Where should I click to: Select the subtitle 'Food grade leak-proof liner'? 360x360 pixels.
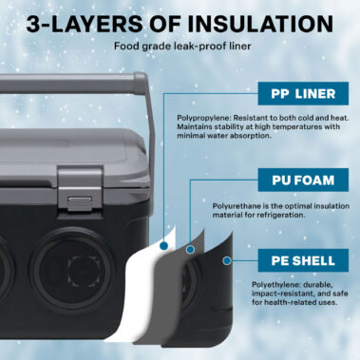(180, 46)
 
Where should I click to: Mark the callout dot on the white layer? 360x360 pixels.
(164, 244)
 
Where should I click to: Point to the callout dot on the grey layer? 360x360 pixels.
(190, 249)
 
